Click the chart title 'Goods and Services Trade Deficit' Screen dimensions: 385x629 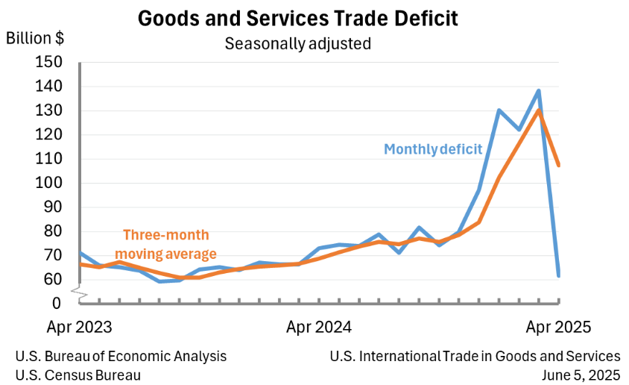tap(297, 19)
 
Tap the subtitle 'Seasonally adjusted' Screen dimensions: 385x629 tap(297, 43)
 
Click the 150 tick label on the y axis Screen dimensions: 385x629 tap(48, 63)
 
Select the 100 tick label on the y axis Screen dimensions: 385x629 tap(48, 184)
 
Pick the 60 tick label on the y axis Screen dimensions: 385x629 tap(51, 280)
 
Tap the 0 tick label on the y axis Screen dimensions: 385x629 tap(56, 304)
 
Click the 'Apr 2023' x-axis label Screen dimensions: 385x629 tap(79, 327)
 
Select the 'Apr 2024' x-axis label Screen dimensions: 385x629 tap(319, 327)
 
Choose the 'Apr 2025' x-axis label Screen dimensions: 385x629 tap(559, 327)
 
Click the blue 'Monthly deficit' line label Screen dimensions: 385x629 tap(433, 149)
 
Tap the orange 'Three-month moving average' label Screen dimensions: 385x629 tap(170, 244)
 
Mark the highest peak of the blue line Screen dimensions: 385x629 tap(538, 91)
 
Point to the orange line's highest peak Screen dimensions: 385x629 tap(538, 110)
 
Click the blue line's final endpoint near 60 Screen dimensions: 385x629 tap(558, 275)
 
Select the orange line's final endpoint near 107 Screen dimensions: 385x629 tap(558, 165)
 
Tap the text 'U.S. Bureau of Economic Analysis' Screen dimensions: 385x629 tap(121, 357)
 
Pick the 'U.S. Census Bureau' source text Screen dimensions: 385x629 tap(78, 375)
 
